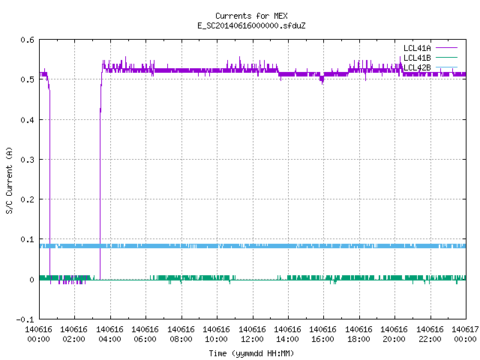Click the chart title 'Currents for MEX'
251,16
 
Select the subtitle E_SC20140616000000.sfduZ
251,25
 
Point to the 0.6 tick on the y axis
27,40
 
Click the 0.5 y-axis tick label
27,79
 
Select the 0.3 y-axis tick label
27,160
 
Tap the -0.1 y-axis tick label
25,319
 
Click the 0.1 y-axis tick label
27,239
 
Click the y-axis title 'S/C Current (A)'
9,180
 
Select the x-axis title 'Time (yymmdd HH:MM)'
251,353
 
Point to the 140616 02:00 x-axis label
74,334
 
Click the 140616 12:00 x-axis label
252,334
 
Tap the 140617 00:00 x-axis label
465,334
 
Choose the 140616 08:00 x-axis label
181,334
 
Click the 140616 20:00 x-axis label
394,334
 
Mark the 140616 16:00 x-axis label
323,334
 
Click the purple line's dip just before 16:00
322,80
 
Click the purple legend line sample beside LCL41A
446,48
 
